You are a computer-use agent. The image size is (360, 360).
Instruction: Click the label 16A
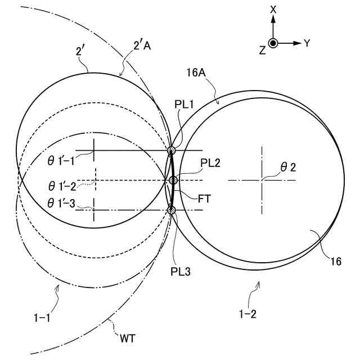coord(196,73)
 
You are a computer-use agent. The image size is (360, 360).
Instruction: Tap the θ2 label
coord(289,167)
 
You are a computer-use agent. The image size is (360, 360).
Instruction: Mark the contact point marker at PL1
coord(172,150)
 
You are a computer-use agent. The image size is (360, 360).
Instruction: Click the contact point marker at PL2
coord(173,180)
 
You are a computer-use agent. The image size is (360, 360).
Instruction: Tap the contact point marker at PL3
coord(172,210)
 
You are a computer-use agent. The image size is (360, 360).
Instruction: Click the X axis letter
coord(273,9)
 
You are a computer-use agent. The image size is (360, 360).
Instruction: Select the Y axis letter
coord(307,43)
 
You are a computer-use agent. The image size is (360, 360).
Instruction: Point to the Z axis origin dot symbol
coord(273,43)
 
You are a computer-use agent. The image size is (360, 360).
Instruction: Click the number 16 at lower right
coord(336,262)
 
